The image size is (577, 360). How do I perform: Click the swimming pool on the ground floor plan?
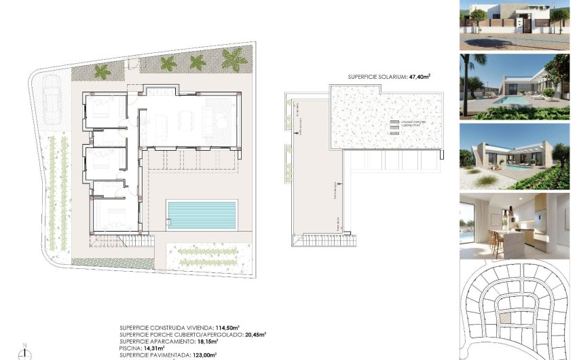click(202, 215)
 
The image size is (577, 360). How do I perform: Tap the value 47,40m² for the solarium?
click(417, 77)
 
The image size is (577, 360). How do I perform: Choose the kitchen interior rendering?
click(515, 226)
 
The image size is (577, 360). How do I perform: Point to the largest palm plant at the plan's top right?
click(235, 62)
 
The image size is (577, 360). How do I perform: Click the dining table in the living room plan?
click(185, 123)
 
